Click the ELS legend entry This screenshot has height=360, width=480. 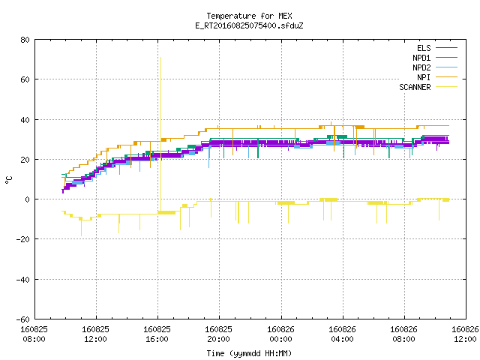(437, 48)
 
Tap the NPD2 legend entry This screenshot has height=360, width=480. (435, 67)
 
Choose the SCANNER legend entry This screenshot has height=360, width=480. (428, 87)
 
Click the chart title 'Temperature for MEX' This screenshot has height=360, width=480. (249, 16)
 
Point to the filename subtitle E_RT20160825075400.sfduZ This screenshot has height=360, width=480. (249, 25)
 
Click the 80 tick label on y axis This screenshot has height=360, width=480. (25, 40)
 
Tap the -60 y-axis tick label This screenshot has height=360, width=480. (22, 319)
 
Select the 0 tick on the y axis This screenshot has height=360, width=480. (28, 199)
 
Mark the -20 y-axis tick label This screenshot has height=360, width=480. (22, 239)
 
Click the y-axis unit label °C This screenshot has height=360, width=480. (8, 180)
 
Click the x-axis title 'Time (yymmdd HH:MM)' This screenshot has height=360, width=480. (249, 353)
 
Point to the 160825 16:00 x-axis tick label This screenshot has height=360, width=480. (157, 334)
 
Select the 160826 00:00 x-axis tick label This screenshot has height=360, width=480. (280, 334)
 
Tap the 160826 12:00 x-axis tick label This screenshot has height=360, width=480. (465, 334)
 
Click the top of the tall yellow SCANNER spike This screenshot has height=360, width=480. (160, 57)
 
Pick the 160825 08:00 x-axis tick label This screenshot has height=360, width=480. (34, 334)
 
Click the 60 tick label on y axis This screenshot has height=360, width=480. (25, 79)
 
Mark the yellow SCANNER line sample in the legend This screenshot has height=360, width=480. (447, 87)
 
